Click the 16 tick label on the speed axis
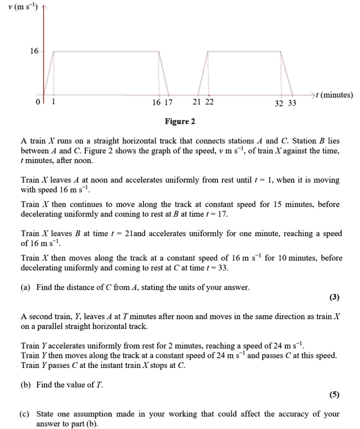(x=34, y=51)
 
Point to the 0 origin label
(x=37, y=102)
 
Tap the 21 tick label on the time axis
(x=198, y=102)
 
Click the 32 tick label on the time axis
(x=279, y=103)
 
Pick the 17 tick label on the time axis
(x=168, y=102)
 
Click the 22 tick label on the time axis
(x=209, y=102)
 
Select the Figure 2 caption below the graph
(x=180, y=121)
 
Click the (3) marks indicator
(x=334, y=298)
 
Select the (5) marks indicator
(x=334, y=395)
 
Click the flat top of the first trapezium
(x=106, y=51)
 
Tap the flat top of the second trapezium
(x=244, y=51)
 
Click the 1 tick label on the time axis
(x=53, y=102)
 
